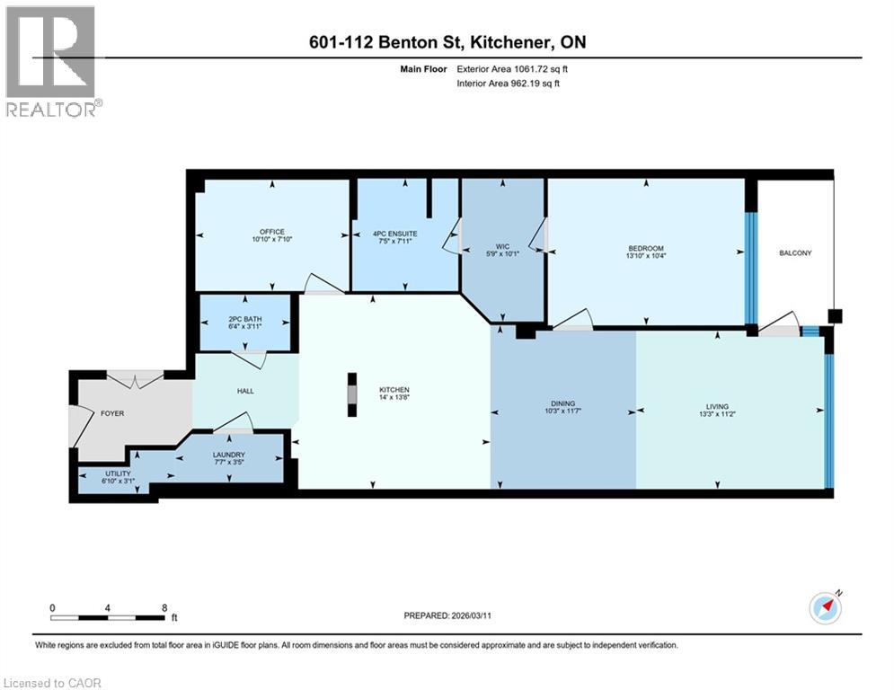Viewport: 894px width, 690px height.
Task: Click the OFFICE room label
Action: [272, 232]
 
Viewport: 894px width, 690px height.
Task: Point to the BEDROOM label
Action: [646, 249]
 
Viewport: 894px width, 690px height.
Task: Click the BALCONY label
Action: [794, 253]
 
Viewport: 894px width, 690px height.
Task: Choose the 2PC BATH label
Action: [244, 319]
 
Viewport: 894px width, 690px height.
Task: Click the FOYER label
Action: [112, 413]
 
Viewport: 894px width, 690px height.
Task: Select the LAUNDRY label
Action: [228, 455]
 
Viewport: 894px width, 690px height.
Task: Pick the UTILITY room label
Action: [118, 473]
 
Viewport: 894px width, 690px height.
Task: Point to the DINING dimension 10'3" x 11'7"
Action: [562, 413]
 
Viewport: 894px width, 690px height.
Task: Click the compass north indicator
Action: [825, 607]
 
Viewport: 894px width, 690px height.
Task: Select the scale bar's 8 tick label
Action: [164, 607]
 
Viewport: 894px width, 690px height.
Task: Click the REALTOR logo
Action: [51, 61]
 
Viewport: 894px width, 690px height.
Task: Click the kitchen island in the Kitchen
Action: [353, 395]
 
